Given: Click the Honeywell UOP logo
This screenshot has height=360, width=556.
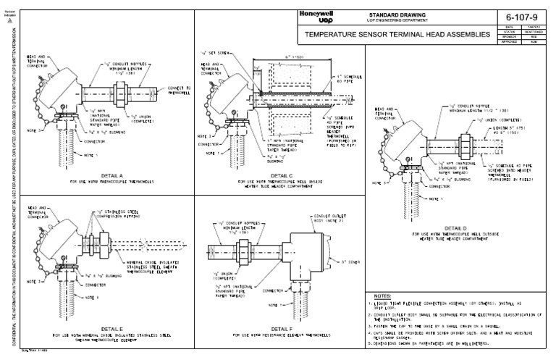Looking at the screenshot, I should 313,18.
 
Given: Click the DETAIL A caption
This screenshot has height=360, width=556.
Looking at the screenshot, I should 96,175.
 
